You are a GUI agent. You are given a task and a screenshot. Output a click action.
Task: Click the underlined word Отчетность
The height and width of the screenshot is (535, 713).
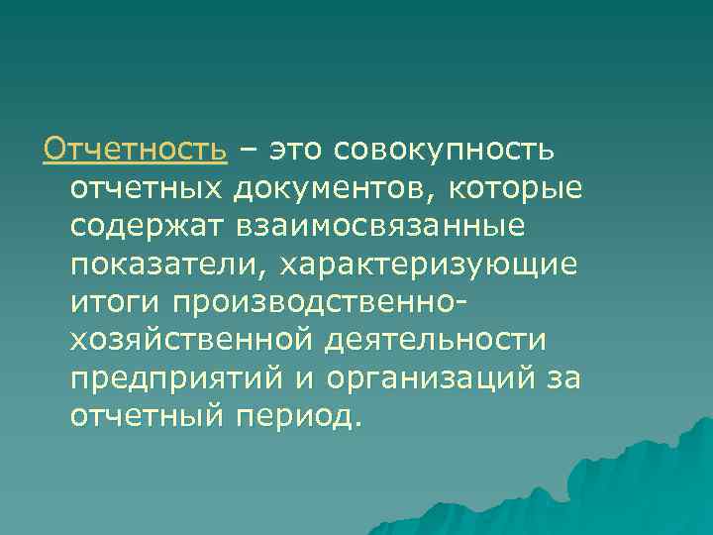(x=136, y=151)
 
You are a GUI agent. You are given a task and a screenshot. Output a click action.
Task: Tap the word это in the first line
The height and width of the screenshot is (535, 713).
(x=298, y=151)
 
